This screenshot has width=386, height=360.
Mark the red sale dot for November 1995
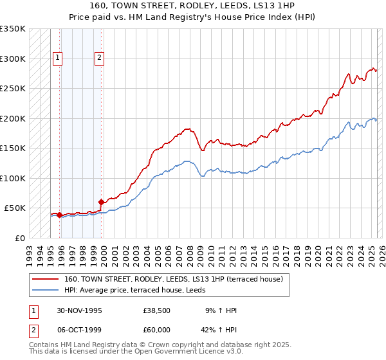point(60,215)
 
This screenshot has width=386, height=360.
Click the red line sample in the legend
point(46,279)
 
